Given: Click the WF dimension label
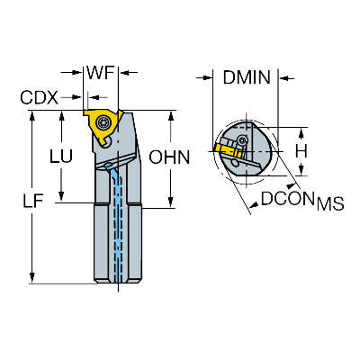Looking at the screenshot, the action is click(101, 73).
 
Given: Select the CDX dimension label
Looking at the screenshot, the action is click(39, 97).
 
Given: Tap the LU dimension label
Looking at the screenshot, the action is click(61, 157).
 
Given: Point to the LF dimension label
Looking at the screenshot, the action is click(33, 201).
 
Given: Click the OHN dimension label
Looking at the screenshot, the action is click(170, 157).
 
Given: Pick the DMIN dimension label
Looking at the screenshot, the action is click(247, 77).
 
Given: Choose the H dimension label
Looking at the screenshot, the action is click(301, 151).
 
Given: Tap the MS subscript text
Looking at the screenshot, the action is click(330, 204).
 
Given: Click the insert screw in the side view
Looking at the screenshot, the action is click(103, 122).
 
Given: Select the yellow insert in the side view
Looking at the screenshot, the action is click(103, 128).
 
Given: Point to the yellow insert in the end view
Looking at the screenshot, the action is click(228, 148).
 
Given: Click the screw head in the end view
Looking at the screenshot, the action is click(242, 139).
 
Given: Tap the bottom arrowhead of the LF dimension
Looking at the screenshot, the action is click(32, 278).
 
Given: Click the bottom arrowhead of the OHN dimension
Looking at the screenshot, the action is click(171, 202).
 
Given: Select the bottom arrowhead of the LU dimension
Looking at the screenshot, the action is click(61, 195).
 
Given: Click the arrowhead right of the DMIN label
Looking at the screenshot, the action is click(284, 78).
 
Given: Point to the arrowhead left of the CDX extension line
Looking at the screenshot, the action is click(76, 97).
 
